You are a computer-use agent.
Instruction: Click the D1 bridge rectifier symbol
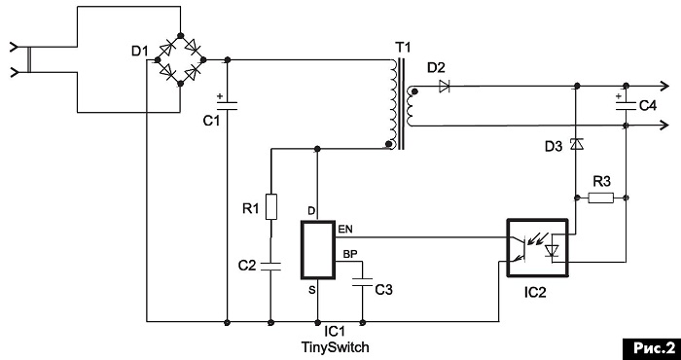point(181,59)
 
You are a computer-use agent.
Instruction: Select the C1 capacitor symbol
point(227,105)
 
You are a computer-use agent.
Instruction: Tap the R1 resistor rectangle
point(271,207)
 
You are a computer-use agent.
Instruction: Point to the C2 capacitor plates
point(271,266)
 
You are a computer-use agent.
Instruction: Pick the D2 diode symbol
point(444,87)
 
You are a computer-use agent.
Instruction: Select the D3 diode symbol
point(576,144)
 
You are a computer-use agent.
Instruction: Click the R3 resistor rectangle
point(601,198)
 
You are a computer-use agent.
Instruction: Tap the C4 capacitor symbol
point(627,105)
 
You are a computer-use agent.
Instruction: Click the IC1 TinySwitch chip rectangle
point(318,250)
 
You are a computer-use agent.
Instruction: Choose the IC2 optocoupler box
point(538,248)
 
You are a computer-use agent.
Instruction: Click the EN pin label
point(345,230)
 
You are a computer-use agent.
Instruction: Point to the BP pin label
point(350,254)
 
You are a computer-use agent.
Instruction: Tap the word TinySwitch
point(336,347)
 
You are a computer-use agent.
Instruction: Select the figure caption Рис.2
point(651,347)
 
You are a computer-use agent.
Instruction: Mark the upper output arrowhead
point(663,87)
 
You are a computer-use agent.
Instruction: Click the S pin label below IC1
point(312,290)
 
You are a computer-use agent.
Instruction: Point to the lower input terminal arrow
point(15,72)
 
